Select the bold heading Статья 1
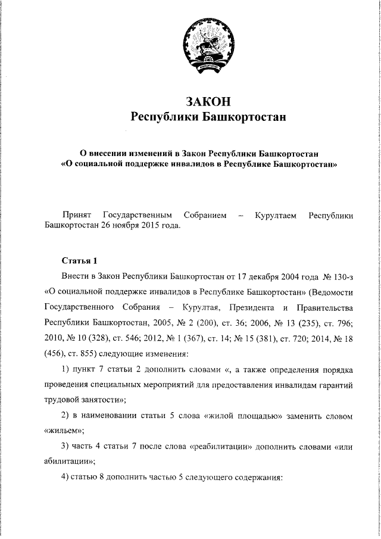tap(76, 261)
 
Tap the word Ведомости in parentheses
tap(333, 292)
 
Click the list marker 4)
tap(67, 477)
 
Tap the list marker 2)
tap(67, 415)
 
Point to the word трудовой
tap(64, 400)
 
